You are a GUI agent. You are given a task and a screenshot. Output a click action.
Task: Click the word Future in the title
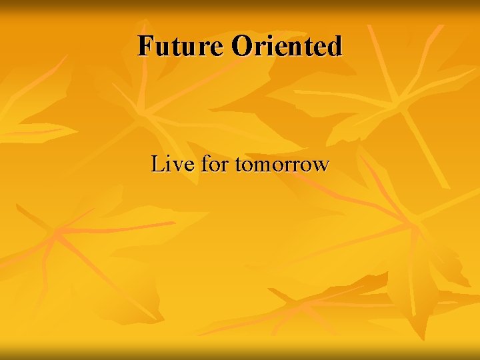tap(182, 46)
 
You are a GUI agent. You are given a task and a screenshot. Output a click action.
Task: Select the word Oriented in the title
tap(287, 46)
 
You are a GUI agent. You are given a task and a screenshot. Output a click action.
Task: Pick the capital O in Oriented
tap(243, 46)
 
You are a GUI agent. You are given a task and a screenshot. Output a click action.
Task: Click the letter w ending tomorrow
tap(320, 166)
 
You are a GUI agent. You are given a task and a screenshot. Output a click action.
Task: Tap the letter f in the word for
tap(204, 163)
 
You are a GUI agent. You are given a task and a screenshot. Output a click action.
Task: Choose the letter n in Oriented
tap(296, 48)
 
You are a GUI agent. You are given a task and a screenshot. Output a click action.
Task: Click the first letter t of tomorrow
tap(237, 165)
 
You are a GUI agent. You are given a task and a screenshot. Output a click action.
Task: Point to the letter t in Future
tap(175, 47)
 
